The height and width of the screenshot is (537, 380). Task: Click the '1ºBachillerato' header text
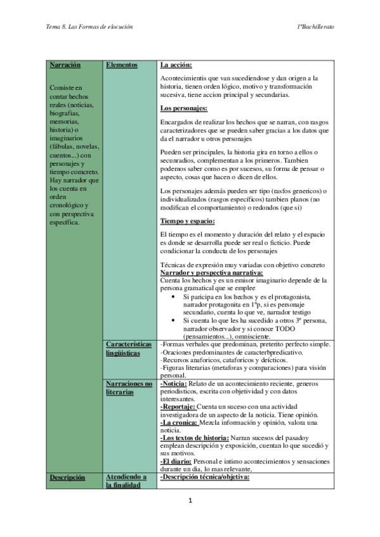pyautogui.click(x=315, y=27)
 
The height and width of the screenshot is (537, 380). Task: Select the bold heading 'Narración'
pyautogui.click(x=65, y=65)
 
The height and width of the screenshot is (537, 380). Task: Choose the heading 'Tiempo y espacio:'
pyautogui.click(x=188, y=221)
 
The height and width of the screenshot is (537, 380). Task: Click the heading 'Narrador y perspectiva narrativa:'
pyautogui.click(x=210, y=272)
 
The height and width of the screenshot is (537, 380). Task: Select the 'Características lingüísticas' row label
pyautogui.click(x=129, y=348)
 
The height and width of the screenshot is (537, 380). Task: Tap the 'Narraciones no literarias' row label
pyautogui.click(x=129, y=388)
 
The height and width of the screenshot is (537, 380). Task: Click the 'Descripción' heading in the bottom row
pyautogui.click(x=67, y=477)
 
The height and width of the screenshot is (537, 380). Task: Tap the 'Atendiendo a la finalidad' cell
pyautogui.click(x=126, y=481)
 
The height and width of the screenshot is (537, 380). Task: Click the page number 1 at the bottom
pyautogui.click(x=190, y=501)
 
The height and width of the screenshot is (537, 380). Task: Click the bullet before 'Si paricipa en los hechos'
pyautogui.click(x=174, y=296)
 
